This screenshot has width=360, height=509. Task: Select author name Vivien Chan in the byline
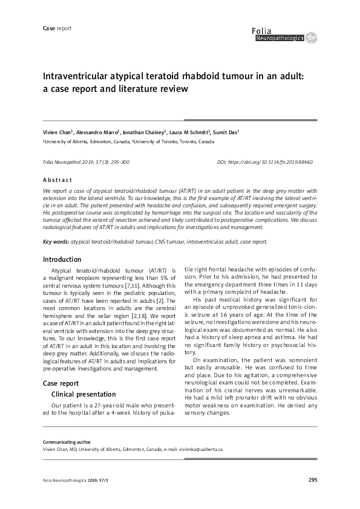(x=56, y=131)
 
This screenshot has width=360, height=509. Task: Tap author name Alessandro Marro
(x=98, y=131)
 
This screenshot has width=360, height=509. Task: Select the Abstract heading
(x=57, y=180)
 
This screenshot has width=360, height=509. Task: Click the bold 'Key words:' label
(x=56, y=241)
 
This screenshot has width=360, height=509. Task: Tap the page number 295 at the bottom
(x=312, y=480)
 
